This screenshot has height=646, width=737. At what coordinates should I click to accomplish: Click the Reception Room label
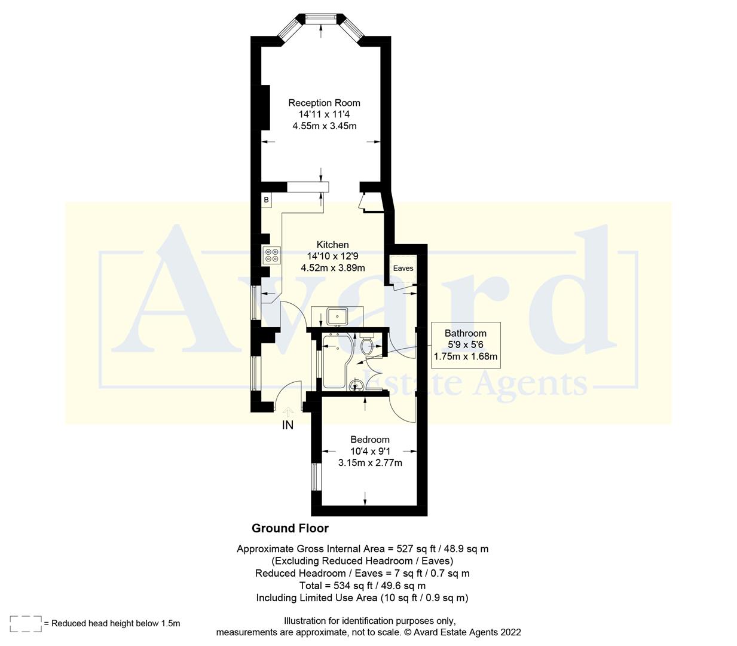[324, 103]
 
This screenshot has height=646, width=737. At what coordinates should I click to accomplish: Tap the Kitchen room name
[332, 245]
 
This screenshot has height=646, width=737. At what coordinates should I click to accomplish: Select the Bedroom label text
[369, 440]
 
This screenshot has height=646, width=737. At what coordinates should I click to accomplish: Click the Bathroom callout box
[466, 345]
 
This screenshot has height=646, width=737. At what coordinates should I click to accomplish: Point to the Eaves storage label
[403, 268]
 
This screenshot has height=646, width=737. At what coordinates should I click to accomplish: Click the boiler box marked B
[266, 200]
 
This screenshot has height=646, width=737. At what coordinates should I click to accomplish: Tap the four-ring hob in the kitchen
[271, 255]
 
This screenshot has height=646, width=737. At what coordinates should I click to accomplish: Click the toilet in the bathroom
[367, 345]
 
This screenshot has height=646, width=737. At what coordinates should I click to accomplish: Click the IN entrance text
[288, 425]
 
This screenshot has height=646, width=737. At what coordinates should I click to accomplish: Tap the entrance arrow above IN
[288, 412]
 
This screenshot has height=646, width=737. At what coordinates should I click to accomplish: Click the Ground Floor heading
[290, 528]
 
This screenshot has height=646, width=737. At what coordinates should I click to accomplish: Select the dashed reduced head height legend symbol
[26, 623]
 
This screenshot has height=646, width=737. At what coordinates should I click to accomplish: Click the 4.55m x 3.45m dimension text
[324, 126]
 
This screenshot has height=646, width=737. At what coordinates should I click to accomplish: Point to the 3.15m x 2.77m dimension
[369, 462]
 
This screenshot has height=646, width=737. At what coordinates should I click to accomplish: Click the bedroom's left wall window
[315, 477]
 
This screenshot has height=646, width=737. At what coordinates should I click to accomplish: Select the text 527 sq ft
[405, 549]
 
